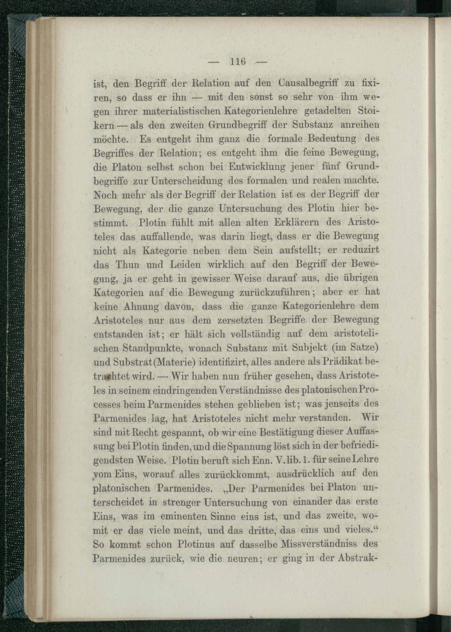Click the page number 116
pos(238,61)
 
